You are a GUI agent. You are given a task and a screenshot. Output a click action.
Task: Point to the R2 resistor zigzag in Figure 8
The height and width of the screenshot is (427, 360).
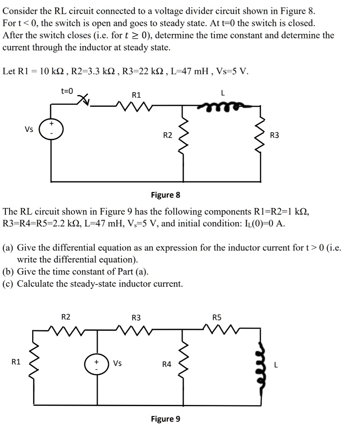(182, 134)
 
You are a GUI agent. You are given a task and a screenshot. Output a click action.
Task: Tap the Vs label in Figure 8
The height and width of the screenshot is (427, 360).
(28, 129)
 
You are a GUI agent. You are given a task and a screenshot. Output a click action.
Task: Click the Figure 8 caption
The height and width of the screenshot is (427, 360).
(165, 195)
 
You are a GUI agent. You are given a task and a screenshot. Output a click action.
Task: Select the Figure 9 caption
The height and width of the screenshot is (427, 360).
(165, 419)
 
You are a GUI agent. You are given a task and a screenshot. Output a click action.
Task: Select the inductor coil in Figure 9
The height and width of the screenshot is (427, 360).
(262, 363)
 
